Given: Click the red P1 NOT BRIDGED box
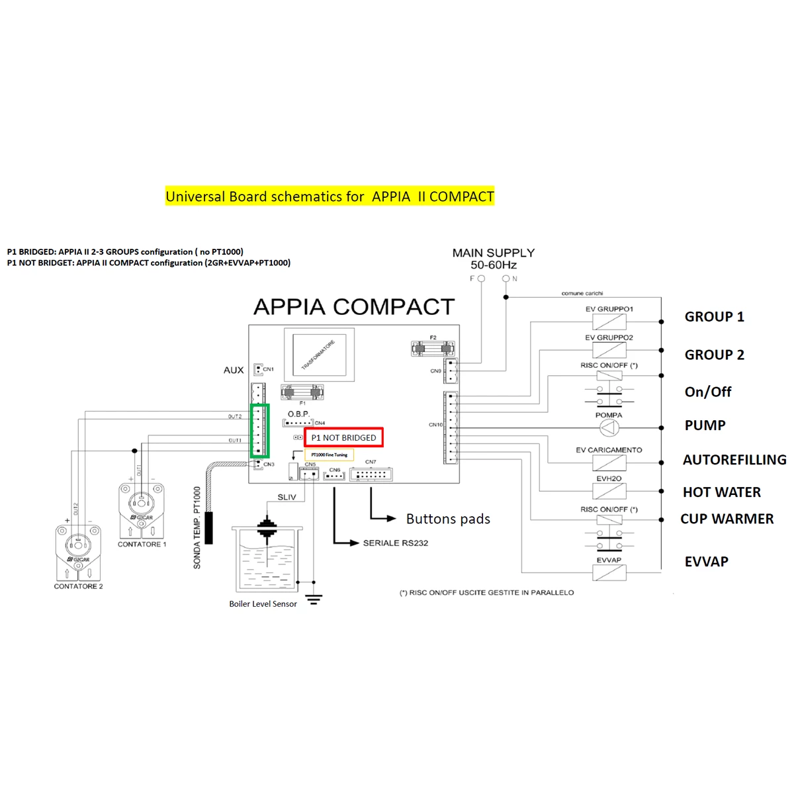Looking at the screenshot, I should [343, 437].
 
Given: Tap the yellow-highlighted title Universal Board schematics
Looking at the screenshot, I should [330, 197].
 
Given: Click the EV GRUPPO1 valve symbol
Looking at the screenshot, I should [609, 322].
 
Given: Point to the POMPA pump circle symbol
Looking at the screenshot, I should [609, 428].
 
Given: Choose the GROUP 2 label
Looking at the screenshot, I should [714, 355].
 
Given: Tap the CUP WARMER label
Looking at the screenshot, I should [727, 519].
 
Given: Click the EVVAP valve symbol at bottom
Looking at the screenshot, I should [609, 573].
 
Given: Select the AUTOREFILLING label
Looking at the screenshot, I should [734, 459].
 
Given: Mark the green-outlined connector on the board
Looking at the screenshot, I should [259, 431].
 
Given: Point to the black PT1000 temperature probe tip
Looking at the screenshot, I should [209, 527].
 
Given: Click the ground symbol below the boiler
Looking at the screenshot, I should [314, 599].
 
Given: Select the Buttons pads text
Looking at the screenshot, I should [448, 519].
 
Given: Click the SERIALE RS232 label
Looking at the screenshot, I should [395, 543].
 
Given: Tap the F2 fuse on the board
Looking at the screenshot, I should [433, 349].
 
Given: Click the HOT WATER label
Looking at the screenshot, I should [721, 492].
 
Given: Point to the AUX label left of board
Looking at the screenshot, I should [234, 370].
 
